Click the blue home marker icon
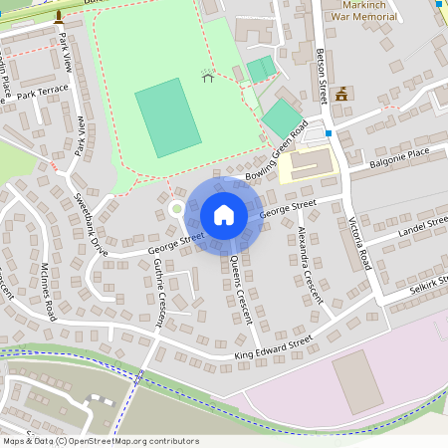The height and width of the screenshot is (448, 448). tap(224, 215)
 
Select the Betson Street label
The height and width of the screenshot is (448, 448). tap(322, 74)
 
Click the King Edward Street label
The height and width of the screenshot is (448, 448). tap(273, 345)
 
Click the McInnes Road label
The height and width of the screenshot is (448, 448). tap(49, 288)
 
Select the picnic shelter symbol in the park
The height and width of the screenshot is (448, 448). tap(208, 76)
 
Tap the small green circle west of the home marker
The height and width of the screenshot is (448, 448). tap(176, 208)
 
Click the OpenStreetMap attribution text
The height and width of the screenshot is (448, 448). tap(100, 441)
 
